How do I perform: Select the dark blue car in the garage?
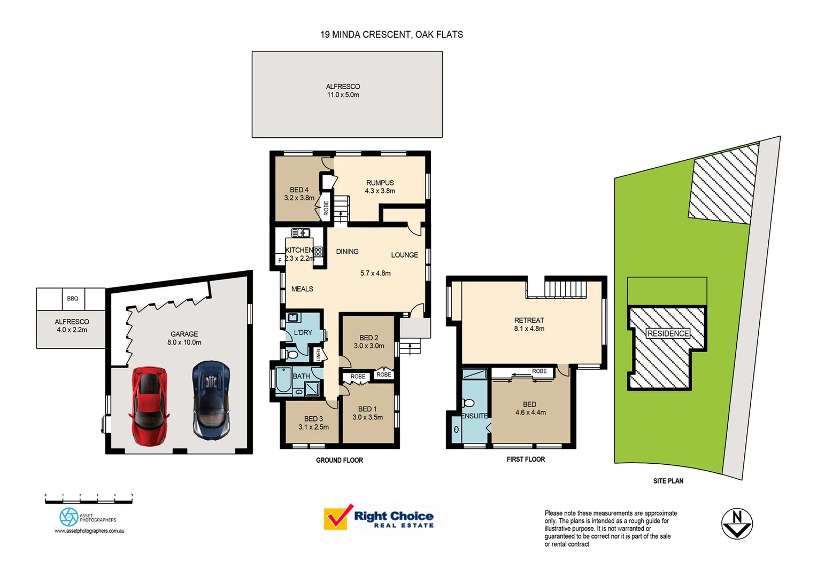coord(211,400)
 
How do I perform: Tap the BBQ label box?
coord(73,299)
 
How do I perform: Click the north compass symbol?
coord(737,524)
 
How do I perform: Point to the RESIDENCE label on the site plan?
coord(668,333)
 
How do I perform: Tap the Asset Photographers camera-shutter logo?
coord(68,517)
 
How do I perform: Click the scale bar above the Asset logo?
coord(89,501)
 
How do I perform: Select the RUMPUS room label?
coord(380,183)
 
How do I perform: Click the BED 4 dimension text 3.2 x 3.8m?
coord(299,198)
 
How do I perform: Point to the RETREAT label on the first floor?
coord(529,321)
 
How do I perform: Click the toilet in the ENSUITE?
coord(468,403)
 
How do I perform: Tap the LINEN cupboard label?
coord(318,354)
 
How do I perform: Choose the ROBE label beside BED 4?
coord(326,208)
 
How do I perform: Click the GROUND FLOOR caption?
coord(339,460)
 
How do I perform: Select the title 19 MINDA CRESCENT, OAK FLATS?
coord(391,35)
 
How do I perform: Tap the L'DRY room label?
coord(303,332)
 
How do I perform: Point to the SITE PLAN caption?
coord(668,481)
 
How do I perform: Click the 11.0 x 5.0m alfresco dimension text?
coord(343,95)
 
